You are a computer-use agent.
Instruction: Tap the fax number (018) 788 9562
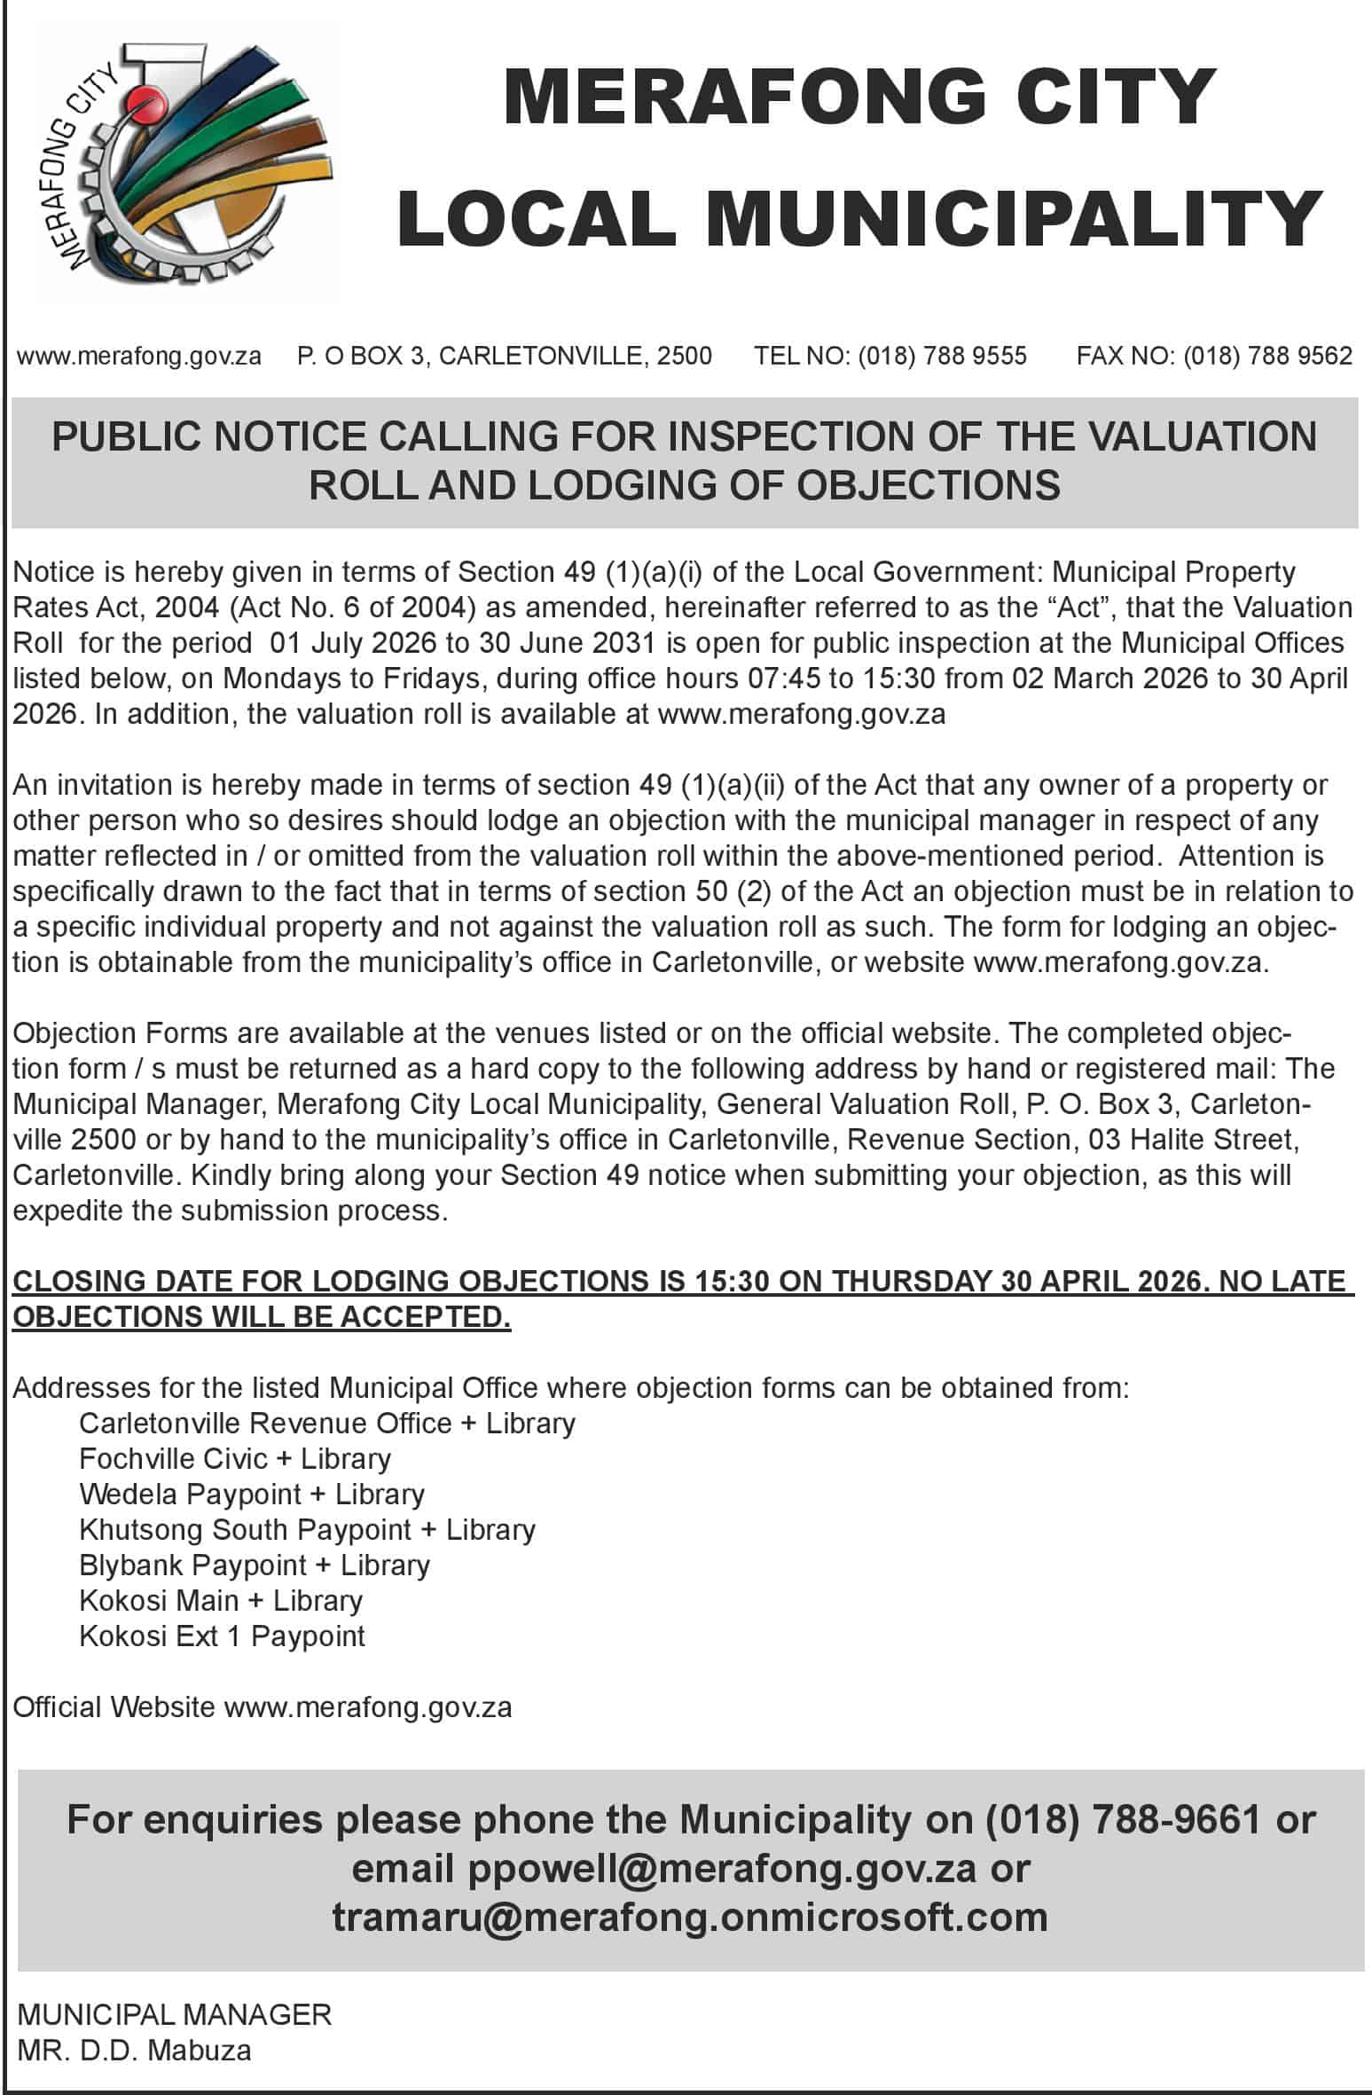click(1267, 357)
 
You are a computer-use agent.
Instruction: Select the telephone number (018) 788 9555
click(942, 357)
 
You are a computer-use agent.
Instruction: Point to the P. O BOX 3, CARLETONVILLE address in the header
click(504, 357)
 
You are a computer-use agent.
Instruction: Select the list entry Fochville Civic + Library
click(235, 1459)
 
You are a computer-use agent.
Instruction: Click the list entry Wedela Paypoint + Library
click(252, 1495)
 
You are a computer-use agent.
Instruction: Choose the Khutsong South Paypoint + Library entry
click(307, 1530)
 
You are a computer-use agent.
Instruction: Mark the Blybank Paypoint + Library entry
click(255, 1565)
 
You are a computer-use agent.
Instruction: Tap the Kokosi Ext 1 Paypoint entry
click(222, 1636)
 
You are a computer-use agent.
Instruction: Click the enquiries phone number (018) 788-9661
click(1123, 1820)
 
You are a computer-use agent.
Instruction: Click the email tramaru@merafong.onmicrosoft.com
click(690, 1918)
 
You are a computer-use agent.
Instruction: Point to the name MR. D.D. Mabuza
click(134, 2052)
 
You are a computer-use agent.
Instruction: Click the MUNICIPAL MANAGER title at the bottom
click(175, 2015)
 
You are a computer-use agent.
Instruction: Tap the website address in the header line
click(139, 357)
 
